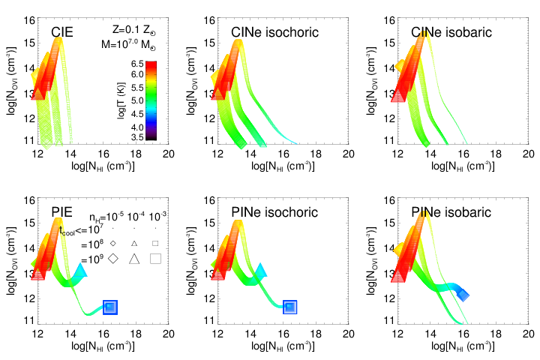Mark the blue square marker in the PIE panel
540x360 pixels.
click(110, 306)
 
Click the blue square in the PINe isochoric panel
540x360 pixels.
click(290, 306)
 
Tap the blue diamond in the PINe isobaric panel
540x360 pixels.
click(463, 295)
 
